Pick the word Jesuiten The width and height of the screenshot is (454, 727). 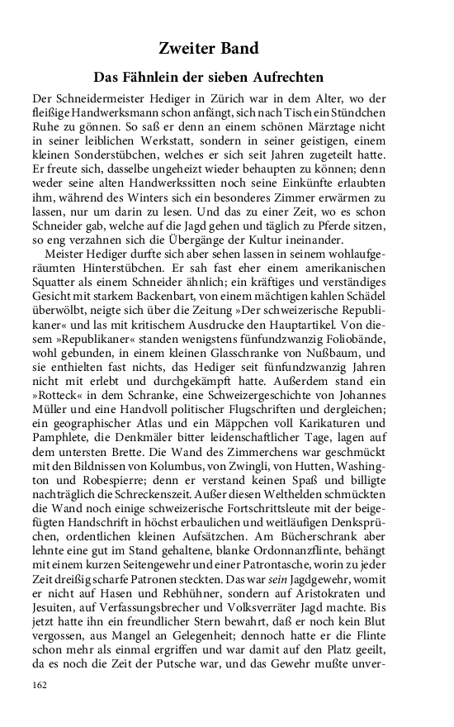point(56,634)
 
